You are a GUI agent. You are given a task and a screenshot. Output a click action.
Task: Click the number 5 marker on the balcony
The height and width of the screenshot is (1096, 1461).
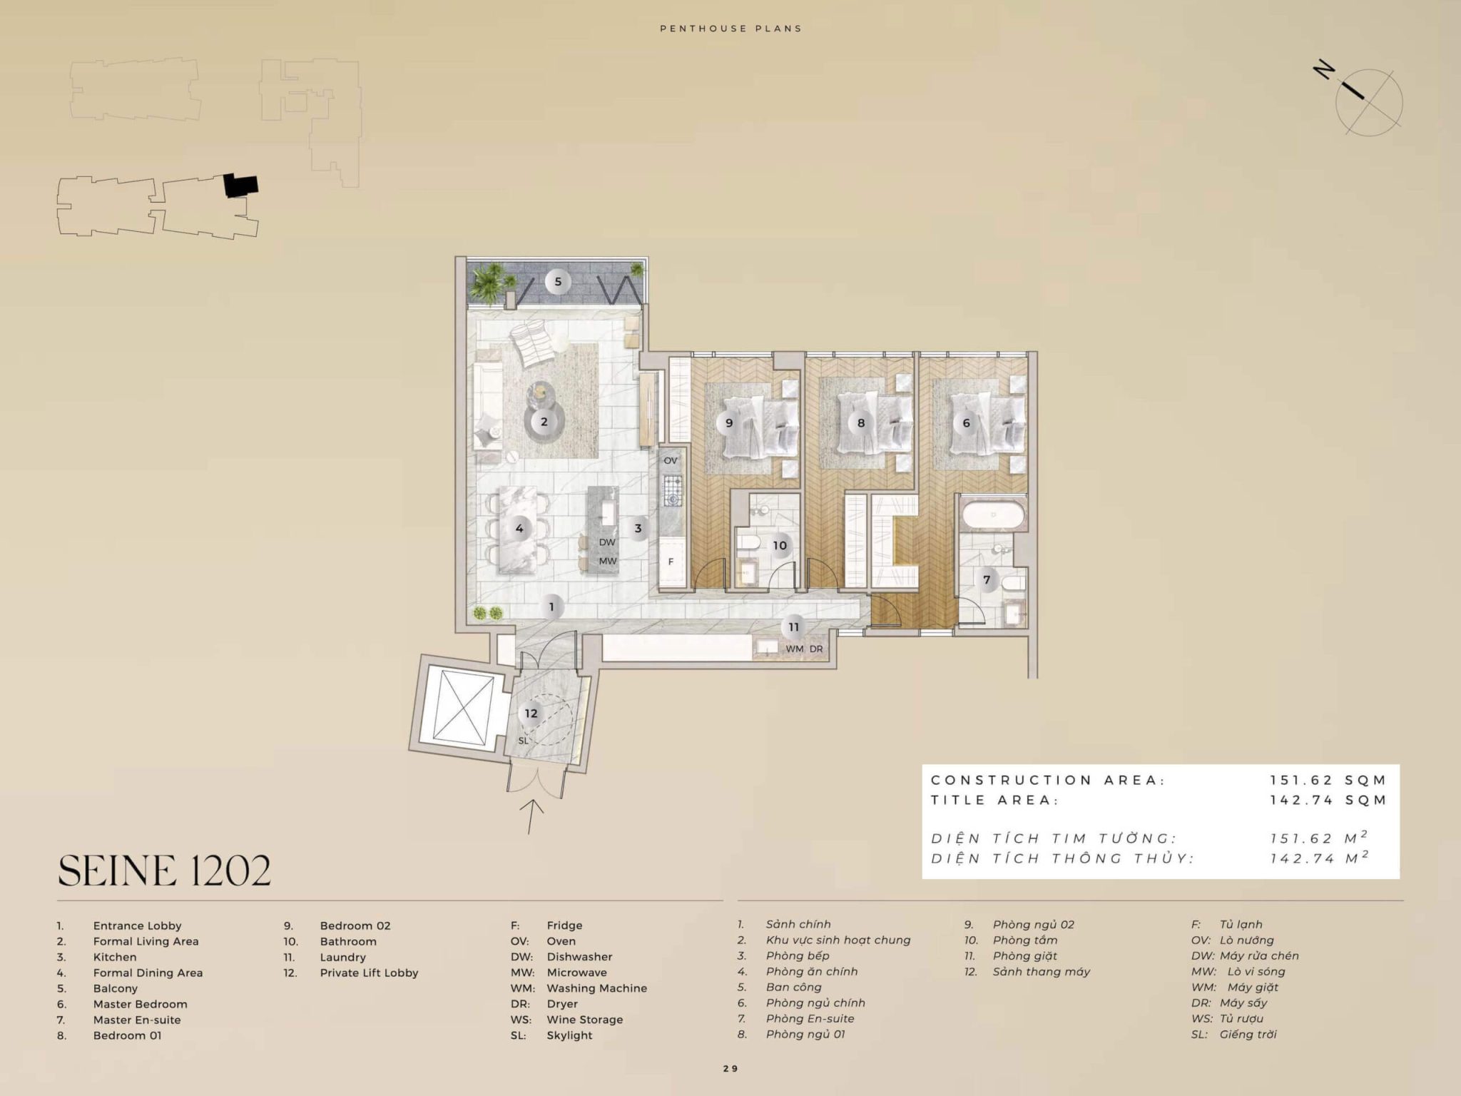(x=558, y=281)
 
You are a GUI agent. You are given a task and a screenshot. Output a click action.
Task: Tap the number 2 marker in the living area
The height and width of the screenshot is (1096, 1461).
(x=544, y=422)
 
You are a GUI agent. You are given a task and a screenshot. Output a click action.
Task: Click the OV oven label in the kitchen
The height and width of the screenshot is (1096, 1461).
(x=671, y=461)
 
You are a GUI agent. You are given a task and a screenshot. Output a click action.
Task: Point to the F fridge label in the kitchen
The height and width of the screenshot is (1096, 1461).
(x=671, y=562)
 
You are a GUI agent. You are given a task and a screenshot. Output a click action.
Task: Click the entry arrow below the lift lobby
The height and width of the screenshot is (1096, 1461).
(x=531, y=816)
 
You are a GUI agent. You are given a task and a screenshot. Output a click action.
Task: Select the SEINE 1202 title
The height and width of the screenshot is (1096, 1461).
(x=164, y=871)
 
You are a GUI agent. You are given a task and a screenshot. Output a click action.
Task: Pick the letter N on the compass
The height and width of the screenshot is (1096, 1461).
(x=1325, y=71)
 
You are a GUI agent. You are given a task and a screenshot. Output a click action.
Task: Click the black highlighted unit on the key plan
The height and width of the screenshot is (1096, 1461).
(x=240, y=186)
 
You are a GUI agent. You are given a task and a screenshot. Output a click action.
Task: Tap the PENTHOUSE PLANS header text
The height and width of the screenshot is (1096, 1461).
(x=730, y=29)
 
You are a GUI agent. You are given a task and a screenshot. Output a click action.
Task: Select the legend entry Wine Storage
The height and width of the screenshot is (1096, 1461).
(x=584, y=1020)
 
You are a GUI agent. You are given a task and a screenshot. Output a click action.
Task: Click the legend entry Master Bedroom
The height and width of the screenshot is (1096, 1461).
(x=140, y=1004)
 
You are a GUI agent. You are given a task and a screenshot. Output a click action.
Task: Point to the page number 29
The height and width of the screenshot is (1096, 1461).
(x=730, y=1068)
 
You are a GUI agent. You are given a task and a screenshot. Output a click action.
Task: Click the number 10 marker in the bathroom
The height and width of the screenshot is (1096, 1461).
(x=780, y=546)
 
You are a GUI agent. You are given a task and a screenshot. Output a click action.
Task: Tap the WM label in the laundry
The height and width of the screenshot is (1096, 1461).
(x=794, y=649)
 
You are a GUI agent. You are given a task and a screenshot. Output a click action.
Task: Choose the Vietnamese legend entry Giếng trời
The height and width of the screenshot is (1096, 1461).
(x=1248, y=1034)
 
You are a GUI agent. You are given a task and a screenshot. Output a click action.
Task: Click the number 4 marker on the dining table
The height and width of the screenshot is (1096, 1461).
(x=519, y=529)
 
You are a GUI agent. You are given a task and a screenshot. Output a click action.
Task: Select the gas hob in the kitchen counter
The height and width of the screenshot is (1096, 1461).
(x=673, y=490)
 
